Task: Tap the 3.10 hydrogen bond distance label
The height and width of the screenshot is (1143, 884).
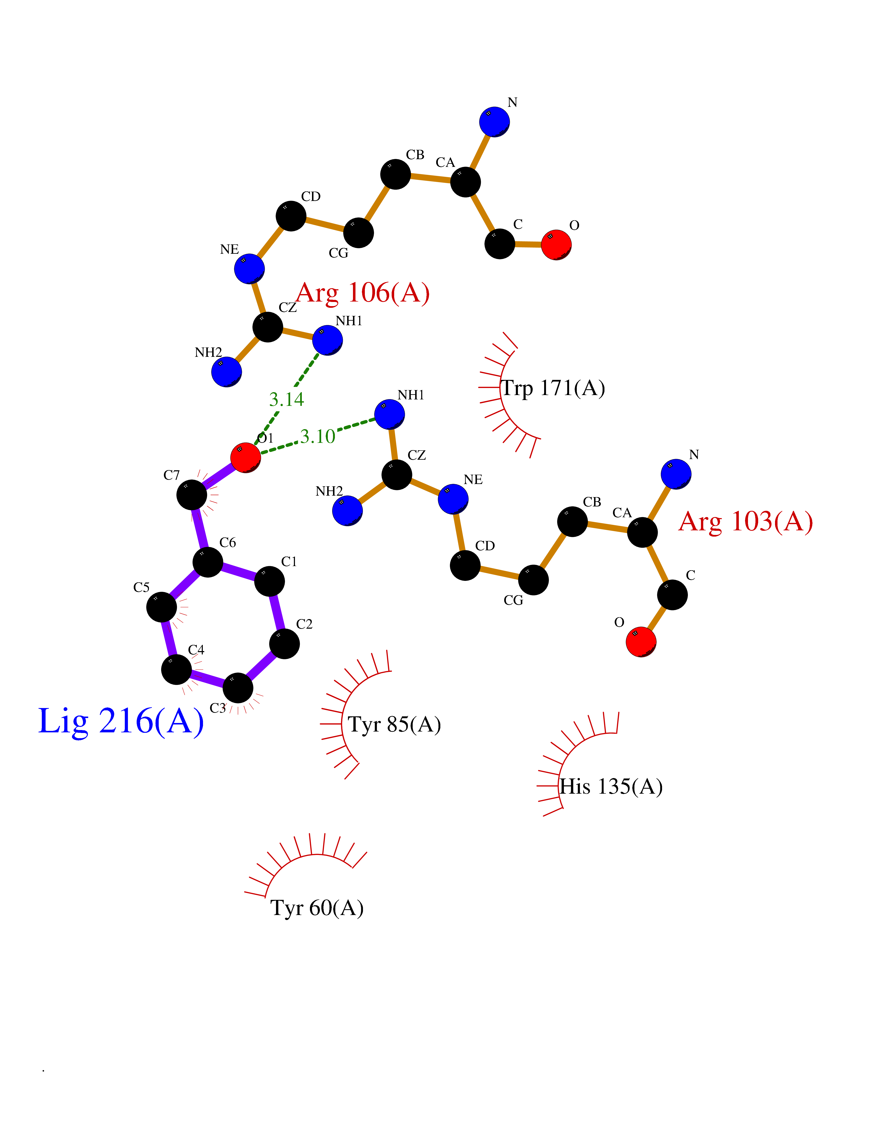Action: tap(317, 436)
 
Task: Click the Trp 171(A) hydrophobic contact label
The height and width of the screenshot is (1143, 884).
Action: tap(553, 388)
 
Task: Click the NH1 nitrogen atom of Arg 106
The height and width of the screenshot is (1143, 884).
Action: tap(327, 340)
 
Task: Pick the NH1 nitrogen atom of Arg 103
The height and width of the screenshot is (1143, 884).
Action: tap(390, 415)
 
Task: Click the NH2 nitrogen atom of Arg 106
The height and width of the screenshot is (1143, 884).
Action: tap(226, 372)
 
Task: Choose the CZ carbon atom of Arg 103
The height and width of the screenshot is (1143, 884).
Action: tap(396, 475)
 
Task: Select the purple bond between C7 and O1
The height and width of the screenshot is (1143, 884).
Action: tap(218, 476)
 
